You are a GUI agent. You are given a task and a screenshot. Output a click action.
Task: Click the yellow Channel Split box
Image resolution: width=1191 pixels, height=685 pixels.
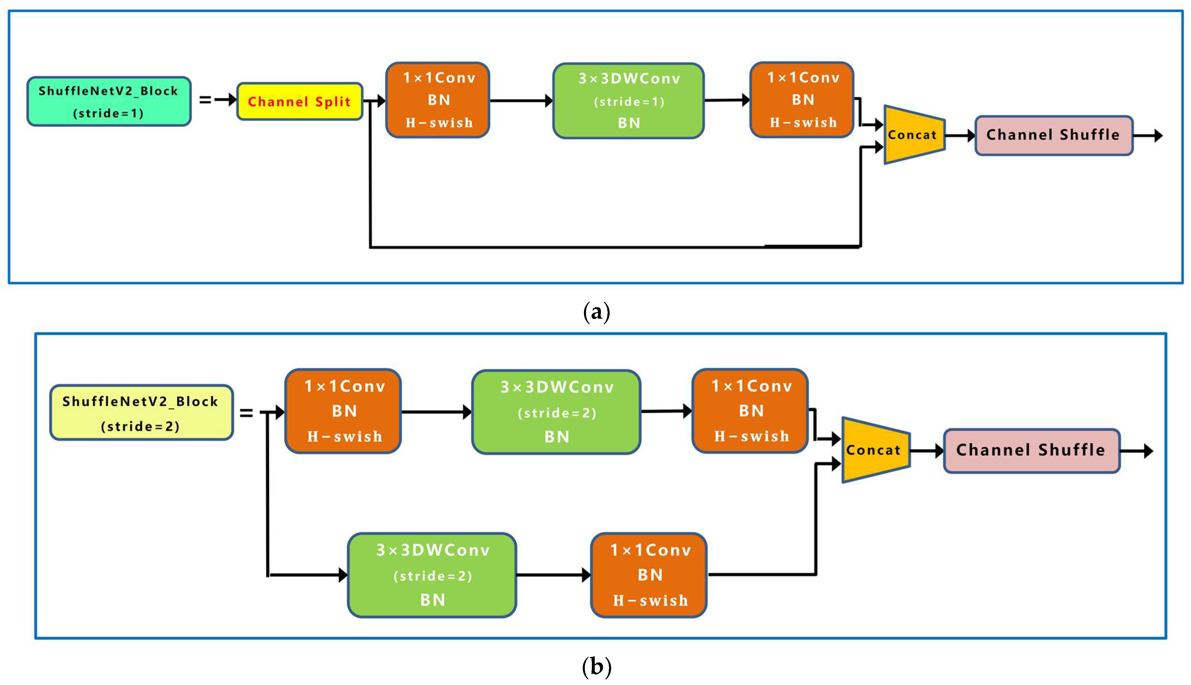[x=300, y=102]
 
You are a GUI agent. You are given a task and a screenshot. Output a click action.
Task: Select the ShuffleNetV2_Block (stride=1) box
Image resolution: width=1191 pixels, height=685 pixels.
[x=109, y=102]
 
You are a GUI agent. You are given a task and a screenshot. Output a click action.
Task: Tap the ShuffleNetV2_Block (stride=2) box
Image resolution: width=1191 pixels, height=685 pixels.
[x=141, y=413]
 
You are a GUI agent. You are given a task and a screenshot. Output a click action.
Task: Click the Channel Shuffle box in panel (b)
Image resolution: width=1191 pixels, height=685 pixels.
[x=1031, y=451]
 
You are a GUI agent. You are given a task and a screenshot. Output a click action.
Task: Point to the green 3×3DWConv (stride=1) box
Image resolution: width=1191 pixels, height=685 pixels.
[x=628, y=101]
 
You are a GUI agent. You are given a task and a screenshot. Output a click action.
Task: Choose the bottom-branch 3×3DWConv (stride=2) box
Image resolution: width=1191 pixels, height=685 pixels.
[x=432, y=575]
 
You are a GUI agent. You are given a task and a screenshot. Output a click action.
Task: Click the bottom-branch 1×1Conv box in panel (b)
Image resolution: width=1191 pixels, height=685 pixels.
[x=649, y=575]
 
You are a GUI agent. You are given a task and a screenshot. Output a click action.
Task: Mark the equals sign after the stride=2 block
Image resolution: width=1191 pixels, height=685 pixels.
[x=246, y=413]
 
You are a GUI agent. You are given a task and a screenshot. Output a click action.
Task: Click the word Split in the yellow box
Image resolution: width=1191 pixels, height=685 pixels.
[x=333, y=102]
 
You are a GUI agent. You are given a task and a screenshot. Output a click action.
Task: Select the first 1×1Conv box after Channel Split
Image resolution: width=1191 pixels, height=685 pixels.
[x=438, y=100]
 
